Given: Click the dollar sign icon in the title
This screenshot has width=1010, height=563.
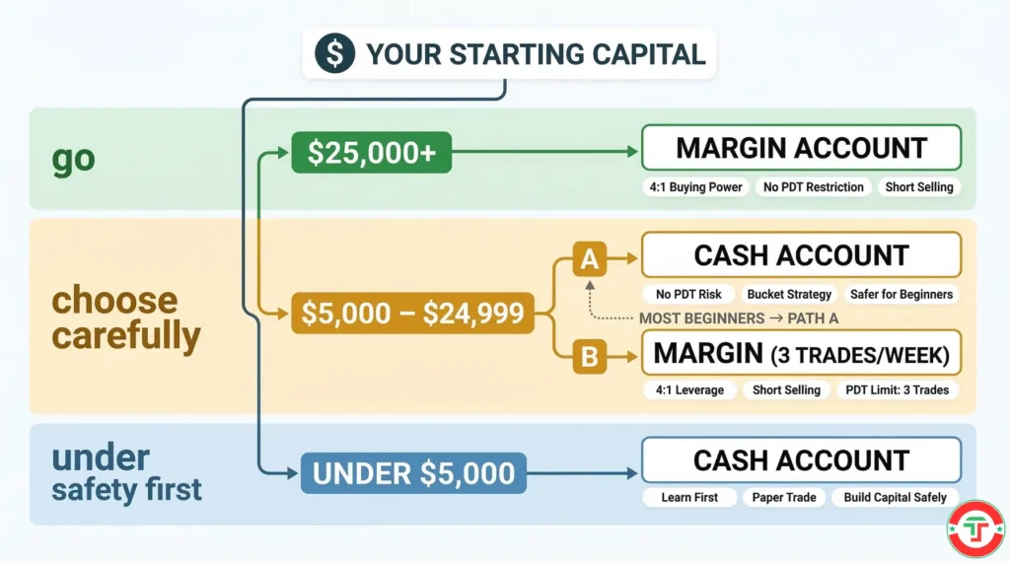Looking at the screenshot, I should click(x=335, y=53).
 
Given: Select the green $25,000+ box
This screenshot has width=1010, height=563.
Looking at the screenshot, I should click(x=371, y=153).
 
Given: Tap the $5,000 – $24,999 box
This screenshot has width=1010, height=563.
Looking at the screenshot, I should click(x=413, y=314).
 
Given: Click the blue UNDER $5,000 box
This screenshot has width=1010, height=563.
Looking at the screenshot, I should click(x=413, y=472).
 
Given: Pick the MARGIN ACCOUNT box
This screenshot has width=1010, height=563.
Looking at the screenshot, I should click(x=801, y=148).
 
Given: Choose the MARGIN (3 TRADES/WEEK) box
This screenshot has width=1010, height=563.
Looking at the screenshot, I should click(x=801, y=353).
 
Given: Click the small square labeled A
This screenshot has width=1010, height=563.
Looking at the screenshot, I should click(x=589, y=261).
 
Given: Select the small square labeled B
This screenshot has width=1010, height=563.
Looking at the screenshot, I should click(x=589, y=356).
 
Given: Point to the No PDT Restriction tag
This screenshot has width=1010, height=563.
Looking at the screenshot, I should click(x=814, y=187).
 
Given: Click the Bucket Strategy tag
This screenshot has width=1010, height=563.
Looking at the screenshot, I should click(x=790, y=294).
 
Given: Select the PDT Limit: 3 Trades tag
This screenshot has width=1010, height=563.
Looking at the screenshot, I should click(x=898, y=390).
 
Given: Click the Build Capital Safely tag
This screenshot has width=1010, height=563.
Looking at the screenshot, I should click(x=895, y=498).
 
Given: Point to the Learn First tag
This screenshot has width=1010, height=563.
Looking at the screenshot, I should click(x=689, y=498).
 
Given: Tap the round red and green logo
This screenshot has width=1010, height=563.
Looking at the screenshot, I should click(x=975, y=529).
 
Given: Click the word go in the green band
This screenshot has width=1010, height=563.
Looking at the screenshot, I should click(x=74, y=159).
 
